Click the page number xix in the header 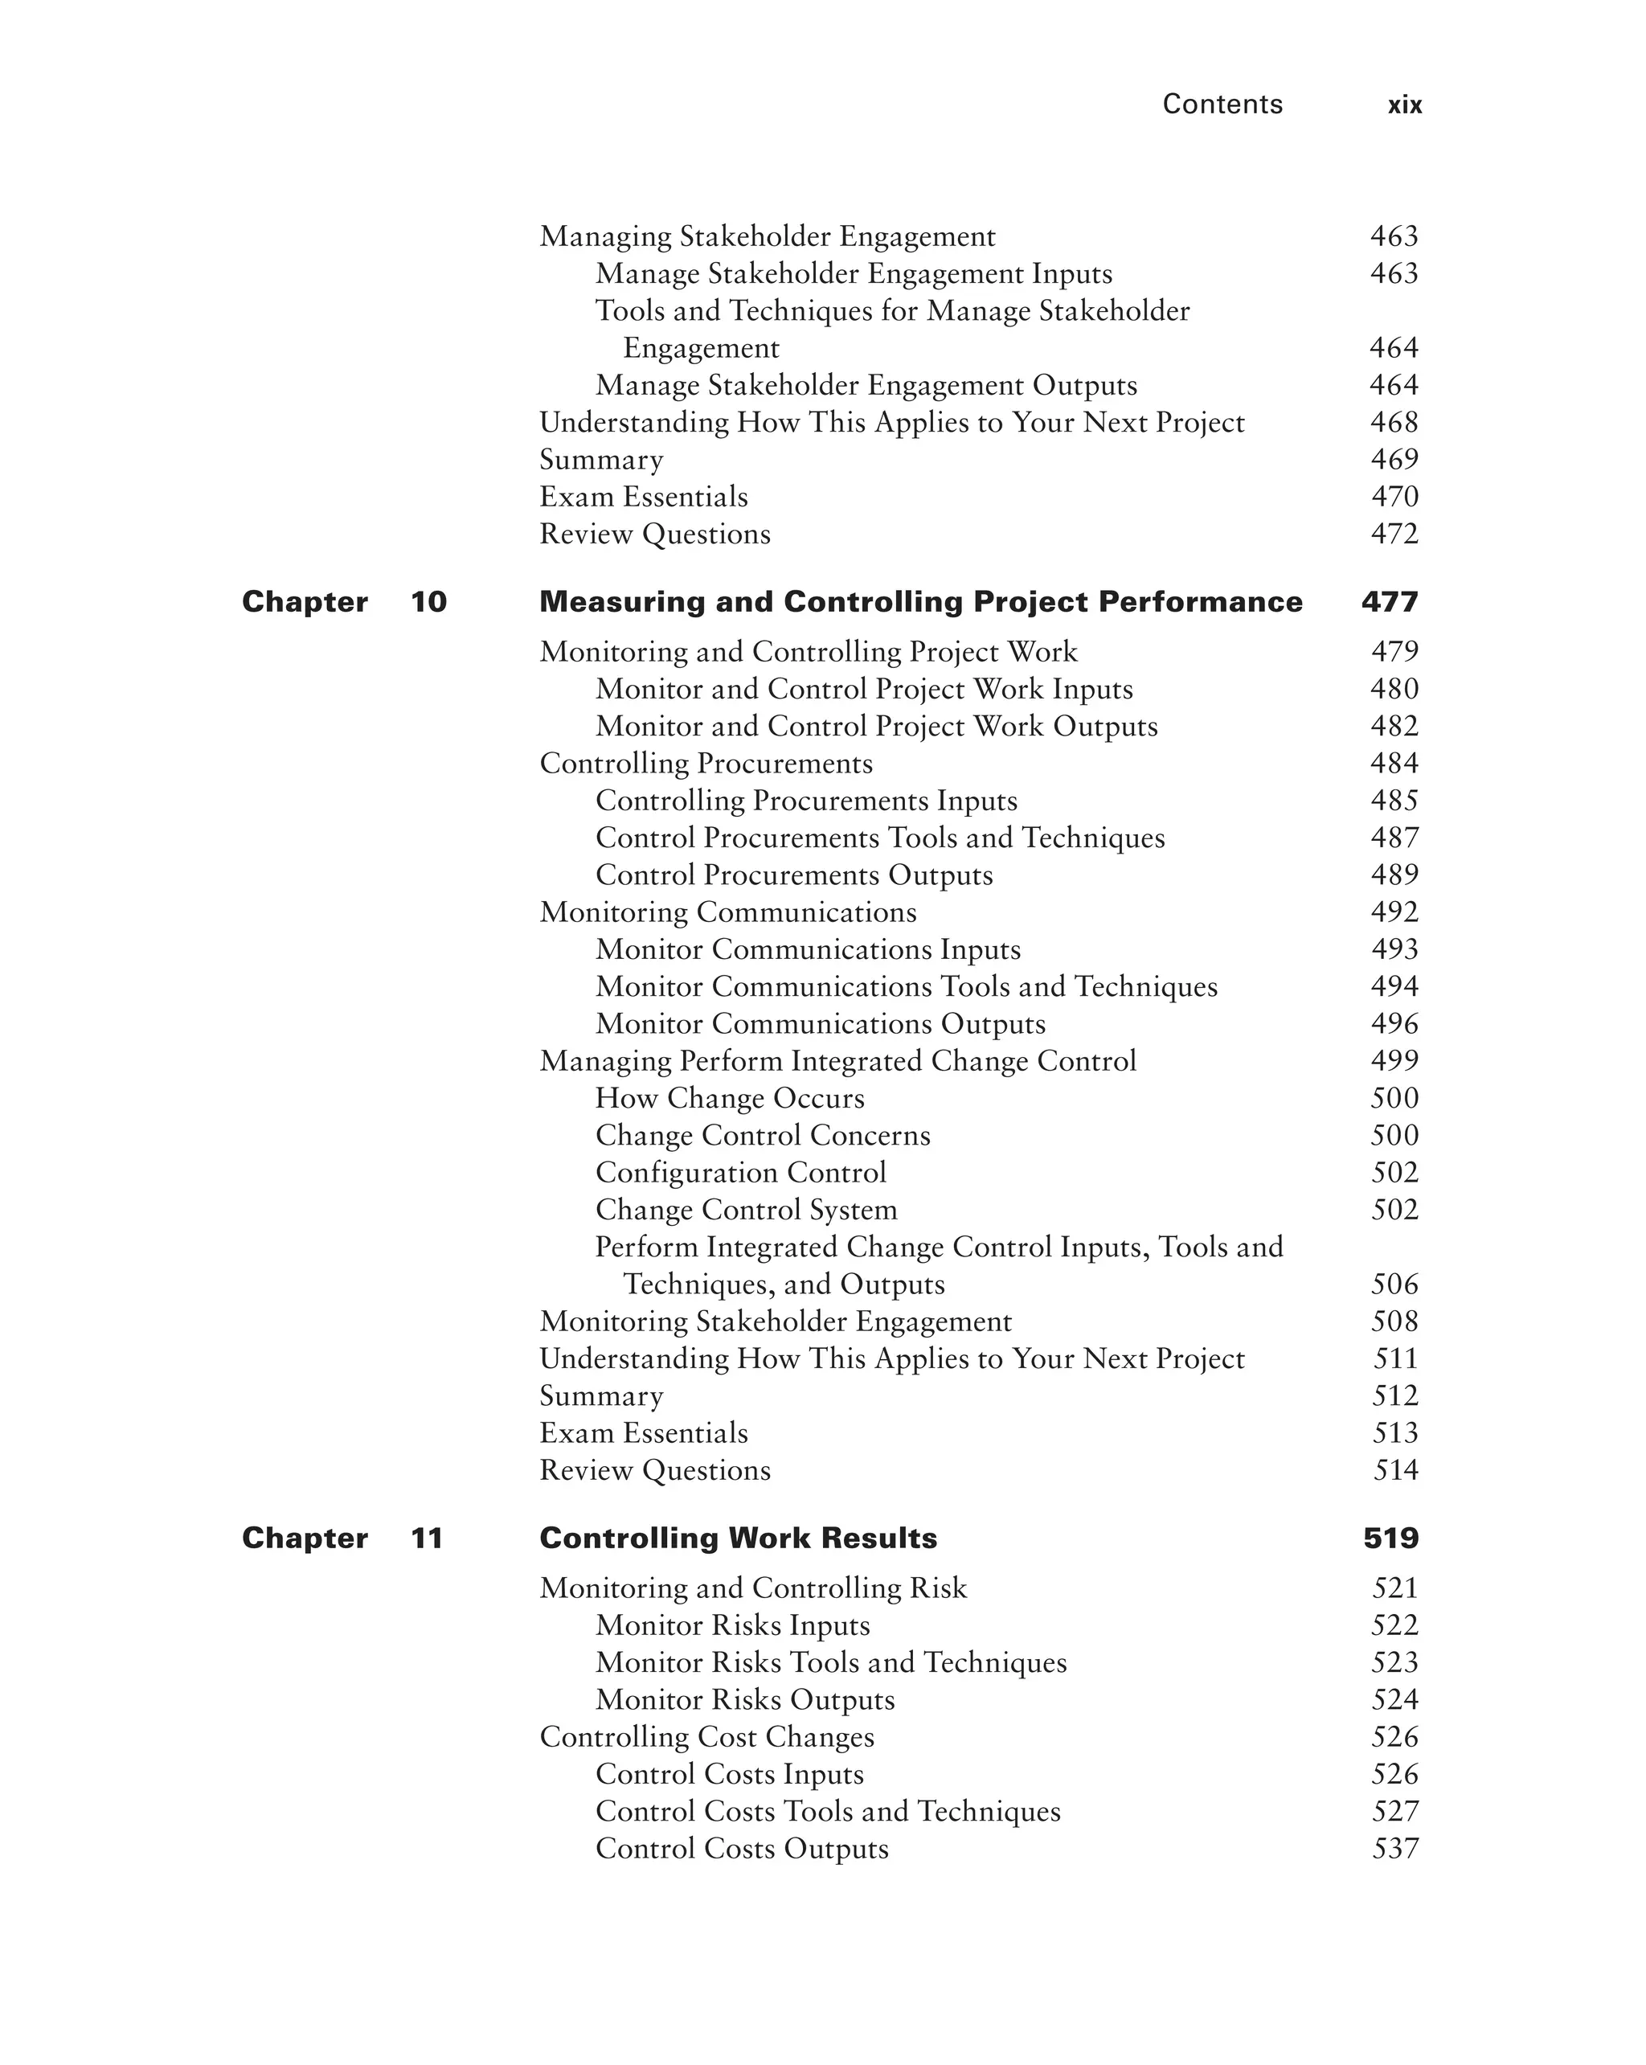click(1404, 105)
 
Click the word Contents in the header click(1222, 104)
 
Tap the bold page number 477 click(1389, 601)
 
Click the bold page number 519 click(1390, 1539)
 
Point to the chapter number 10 click(428, 601)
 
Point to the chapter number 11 click(426, 1539)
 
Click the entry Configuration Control click(740, 1172)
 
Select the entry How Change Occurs click(730, 1098)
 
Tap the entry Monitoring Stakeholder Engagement click(775, 1321)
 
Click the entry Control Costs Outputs click(741, 1849)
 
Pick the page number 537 click(1394, 1849)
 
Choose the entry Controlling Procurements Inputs click(805, 801)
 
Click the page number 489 click(1394, 875)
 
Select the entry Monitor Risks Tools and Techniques click(830, 1663)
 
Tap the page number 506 click(1394, 1284)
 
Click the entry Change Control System click(746, 1210)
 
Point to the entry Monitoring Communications click(727, 912)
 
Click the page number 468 click(1394, 422)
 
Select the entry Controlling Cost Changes click(706, 1737)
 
